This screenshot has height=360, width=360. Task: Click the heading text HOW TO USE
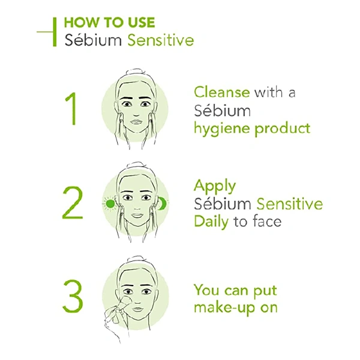tap(109, 22)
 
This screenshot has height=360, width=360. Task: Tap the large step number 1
tap(71, 109)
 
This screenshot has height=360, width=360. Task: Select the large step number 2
tap(73, 203)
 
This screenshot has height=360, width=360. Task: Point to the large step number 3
tap(73, 296)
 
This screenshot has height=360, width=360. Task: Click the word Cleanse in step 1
tap(222, 92)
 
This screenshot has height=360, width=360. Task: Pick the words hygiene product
tap(252, 128)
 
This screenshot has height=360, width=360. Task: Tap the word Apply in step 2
tap(215, 187)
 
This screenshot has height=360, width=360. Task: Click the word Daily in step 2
tap(211, 222)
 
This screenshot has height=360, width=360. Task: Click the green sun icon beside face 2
tap(109, 203)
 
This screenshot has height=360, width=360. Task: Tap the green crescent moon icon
tap(163, 203)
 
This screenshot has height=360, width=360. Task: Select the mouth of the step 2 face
tap(137, 215)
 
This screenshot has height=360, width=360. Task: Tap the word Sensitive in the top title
tap(161, 40)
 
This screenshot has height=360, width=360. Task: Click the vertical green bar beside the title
tap(55, 32)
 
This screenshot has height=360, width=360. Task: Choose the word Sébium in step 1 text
tap(222, 110)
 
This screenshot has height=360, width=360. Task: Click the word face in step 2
tap(267, 221)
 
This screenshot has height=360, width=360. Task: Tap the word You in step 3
tap(206, 290)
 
